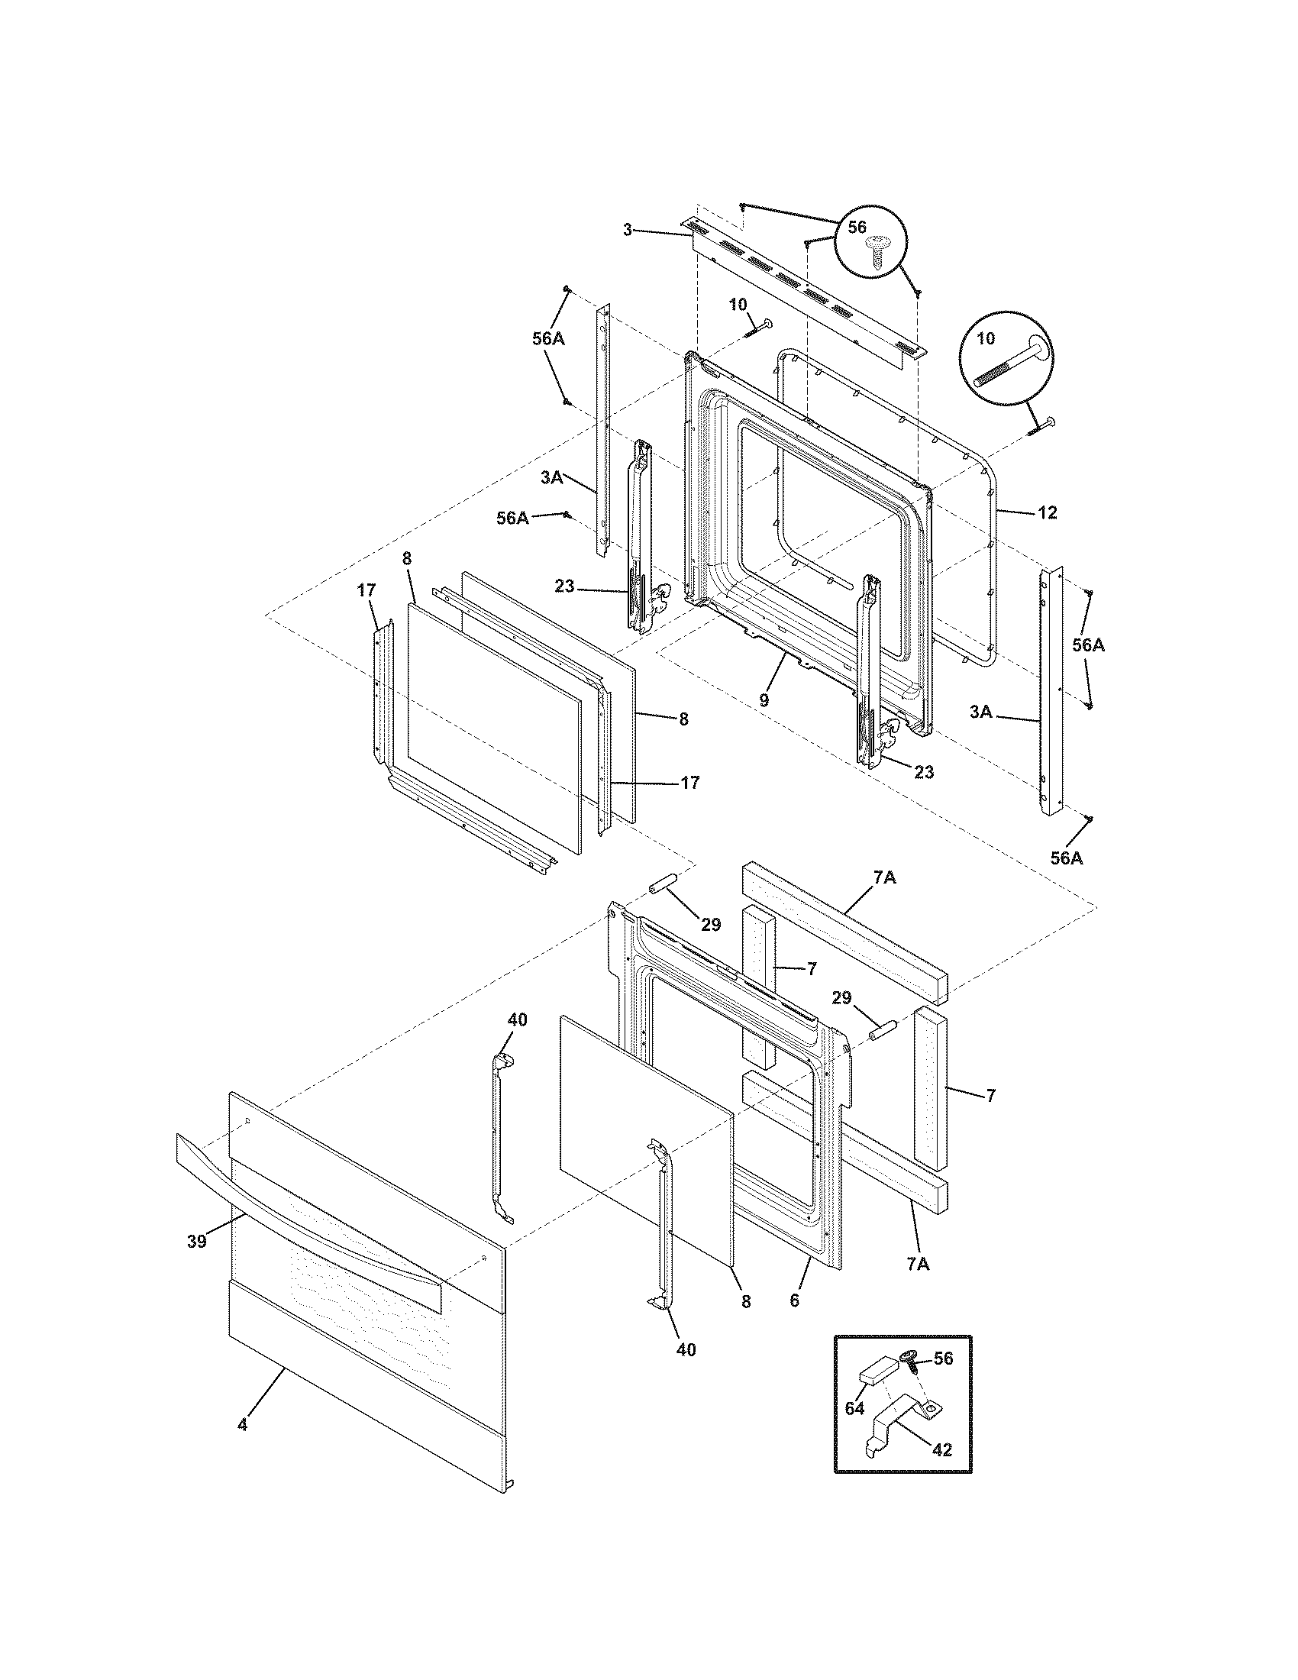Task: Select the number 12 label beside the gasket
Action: point(1047,512)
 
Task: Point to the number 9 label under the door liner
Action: point(764,700)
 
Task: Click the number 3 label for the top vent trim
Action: point(627,230)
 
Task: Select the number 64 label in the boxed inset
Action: point(854,1407)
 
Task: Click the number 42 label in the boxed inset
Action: point(941,1449)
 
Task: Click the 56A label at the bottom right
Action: point(1066,858)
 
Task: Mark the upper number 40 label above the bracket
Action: point(518,1019)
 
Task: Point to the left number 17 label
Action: point(366,590)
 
